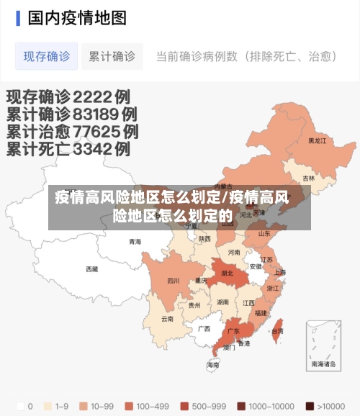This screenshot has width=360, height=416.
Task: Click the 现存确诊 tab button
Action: point(46,56)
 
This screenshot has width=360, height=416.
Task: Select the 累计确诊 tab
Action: point(112,56)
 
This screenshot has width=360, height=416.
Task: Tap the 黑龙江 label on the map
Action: point(317,141)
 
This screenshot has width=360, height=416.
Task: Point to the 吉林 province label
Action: point(308,178)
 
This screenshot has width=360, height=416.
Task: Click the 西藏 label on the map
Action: point(91,269)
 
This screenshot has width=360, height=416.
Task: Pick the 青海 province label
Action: point(135,242)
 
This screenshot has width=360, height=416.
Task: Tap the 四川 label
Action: point(173,281)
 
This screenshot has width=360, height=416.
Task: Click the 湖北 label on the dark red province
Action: point(227,273)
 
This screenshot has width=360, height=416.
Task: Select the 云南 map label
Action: point(167,318)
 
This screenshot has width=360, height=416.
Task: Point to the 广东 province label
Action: point(233,331)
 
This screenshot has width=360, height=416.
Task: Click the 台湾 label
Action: point(277,331)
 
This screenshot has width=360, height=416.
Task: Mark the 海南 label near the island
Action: point(213,365)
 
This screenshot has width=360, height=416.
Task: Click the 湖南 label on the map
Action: point(223,303)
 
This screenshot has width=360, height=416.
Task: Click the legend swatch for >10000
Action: point(310,405)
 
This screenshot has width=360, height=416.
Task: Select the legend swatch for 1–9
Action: point(48,405)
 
